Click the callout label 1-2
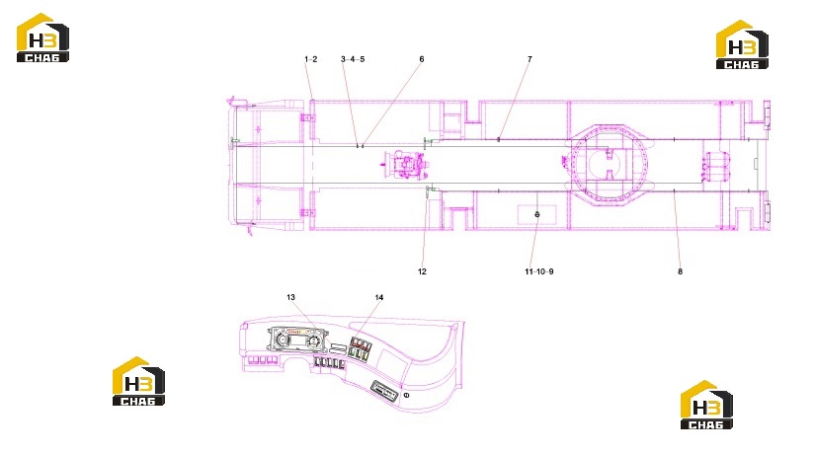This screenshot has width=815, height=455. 311,59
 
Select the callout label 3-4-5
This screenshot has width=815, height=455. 353,59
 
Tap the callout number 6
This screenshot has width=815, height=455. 422,59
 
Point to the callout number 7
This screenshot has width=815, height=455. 530,59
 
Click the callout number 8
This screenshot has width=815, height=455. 680,271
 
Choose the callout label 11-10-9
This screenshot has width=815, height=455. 539,271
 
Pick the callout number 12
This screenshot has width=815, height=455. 422,271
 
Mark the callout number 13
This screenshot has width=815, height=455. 290,298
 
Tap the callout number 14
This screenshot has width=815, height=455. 379,298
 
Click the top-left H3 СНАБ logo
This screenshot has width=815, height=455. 42,38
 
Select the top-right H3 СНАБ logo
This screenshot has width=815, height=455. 742,44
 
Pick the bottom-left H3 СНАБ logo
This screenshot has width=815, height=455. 138,381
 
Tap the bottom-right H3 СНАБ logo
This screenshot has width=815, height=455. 707,405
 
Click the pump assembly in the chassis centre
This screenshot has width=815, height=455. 406,164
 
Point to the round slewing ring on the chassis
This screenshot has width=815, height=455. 610,164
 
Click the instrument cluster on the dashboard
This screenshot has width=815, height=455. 297,341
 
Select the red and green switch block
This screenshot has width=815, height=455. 361,348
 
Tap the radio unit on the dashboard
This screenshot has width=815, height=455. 385,391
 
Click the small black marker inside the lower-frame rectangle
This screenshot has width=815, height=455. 537,214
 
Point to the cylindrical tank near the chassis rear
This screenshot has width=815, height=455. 716,166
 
